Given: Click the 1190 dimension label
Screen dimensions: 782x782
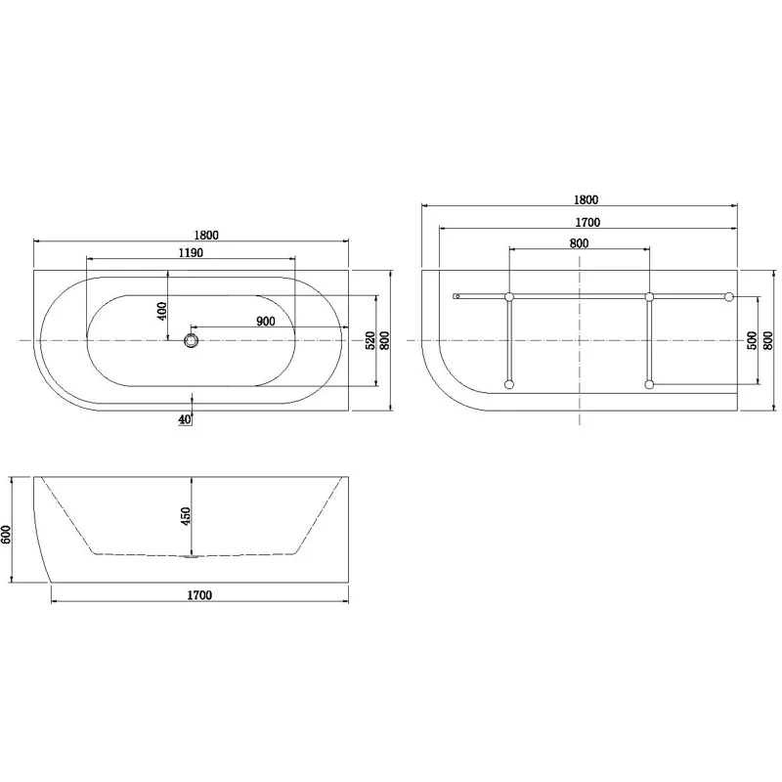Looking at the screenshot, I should (191, 252).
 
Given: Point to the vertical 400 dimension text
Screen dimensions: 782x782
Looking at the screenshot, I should (163, 310).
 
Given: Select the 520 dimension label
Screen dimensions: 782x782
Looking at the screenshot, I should (369, 340).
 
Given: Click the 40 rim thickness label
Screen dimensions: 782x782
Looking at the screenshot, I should (186, 419).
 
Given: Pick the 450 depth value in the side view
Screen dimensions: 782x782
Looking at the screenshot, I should (186, 516).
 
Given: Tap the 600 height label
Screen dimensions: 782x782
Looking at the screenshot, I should (8, 534).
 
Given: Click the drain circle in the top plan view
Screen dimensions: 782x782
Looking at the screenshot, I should (191, 339).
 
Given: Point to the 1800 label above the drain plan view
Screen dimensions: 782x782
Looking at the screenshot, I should (205, 234).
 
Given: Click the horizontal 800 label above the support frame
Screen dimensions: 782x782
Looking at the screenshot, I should (579, 242).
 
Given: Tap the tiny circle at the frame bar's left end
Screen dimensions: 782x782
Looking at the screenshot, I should (456, 295).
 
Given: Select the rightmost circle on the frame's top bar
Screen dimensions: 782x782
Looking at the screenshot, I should (728, 295).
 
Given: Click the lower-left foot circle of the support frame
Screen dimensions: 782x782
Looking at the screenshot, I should (508, 385).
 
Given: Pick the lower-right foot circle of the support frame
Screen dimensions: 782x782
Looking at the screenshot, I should (649, 385).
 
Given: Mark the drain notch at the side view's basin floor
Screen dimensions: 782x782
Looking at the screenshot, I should (192, 556).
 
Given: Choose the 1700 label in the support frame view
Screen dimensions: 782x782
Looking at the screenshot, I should (586, 222).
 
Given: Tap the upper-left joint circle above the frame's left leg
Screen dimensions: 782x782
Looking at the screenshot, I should (508, 295).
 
